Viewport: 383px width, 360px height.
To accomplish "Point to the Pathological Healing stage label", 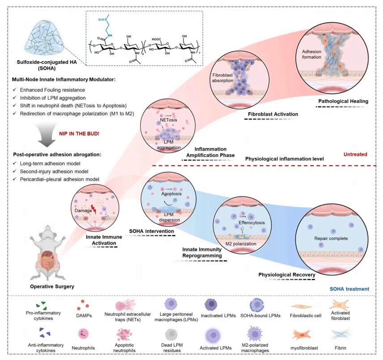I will tap(343, 101).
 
